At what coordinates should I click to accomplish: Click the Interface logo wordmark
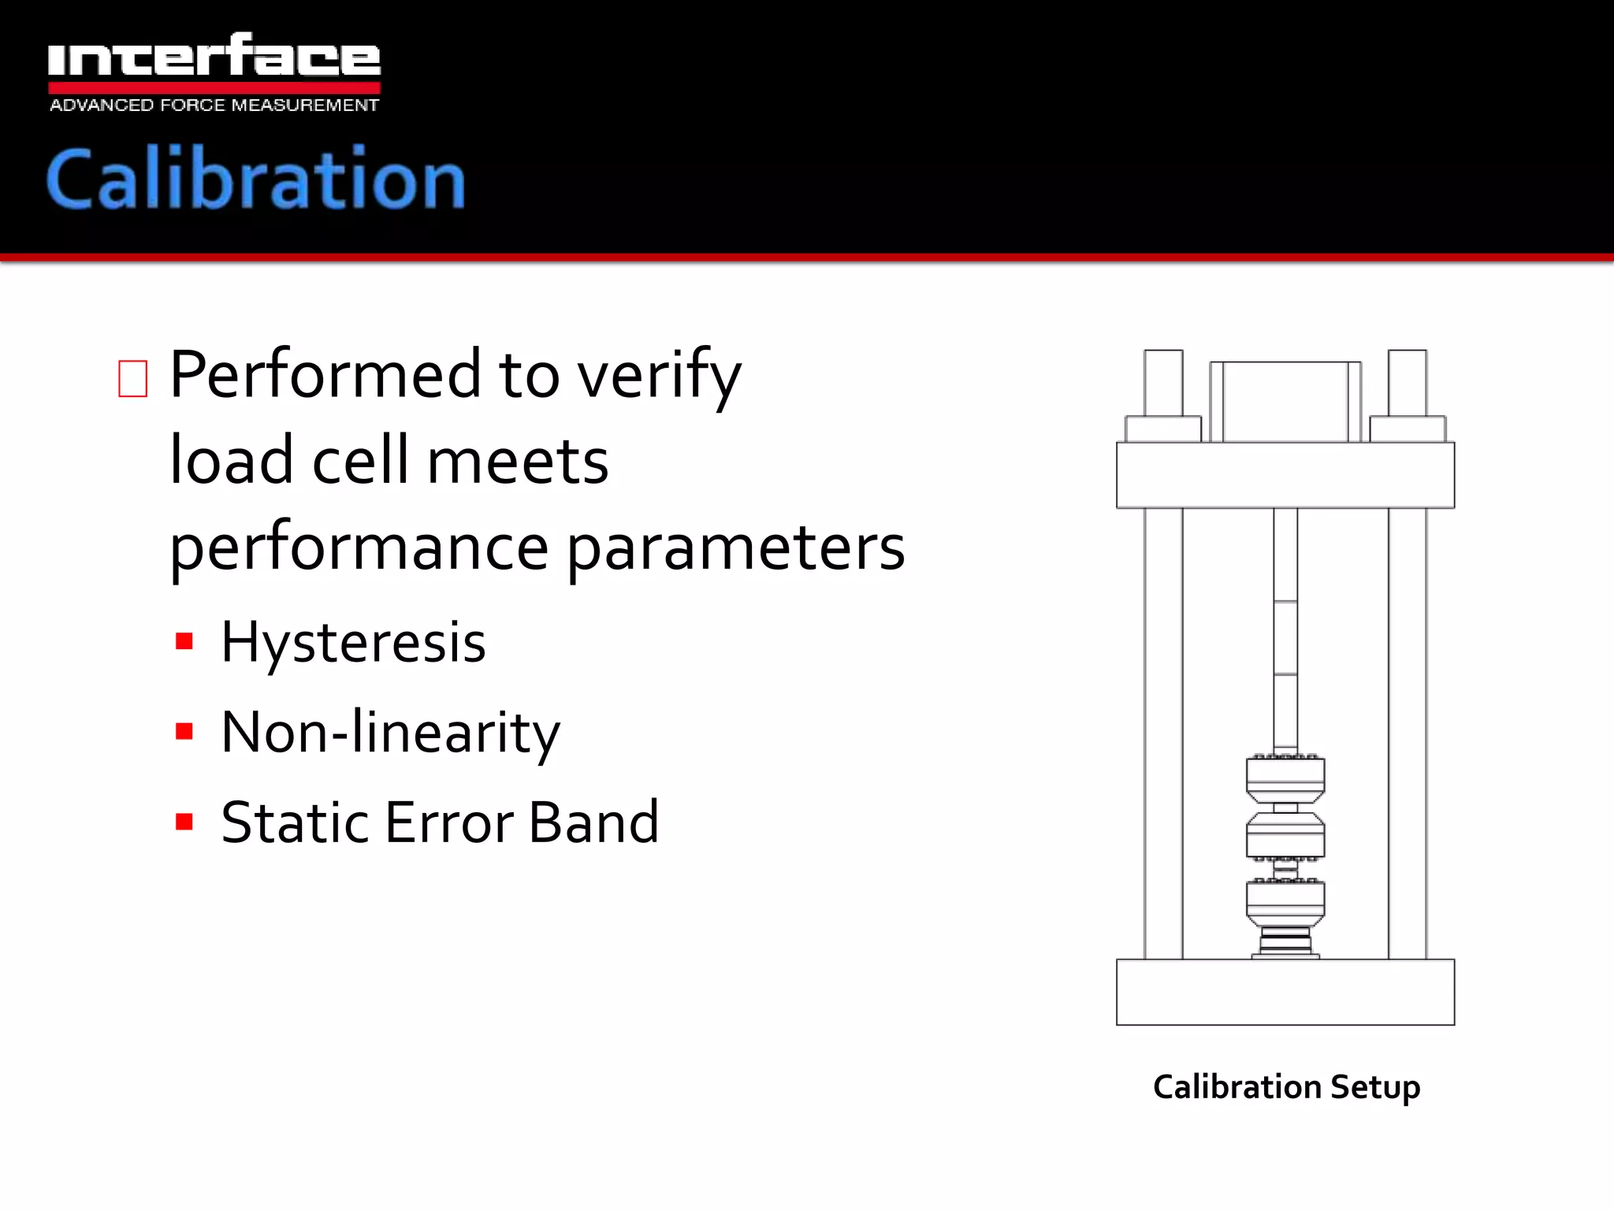click(214, 57)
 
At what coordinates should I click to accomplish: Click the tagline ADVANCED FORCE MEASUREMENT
click(214, 106)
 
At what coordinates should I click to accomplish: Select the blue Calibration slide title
click(256, 180)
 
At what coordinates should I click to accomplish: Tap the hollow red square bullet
click(132, 379)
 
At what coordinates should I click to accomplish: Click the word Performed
click(325, 375)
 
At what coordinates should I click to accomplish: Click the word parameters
click(736, 548)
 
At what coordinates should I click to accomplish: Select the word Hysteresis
click(353, 642)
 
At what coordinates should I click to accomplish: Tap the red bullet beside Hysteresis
click(184, 641)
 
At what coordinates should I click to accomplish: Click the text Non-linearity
click(390, 733)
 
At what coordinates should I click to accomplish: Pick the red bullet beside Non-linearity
click(184, 732)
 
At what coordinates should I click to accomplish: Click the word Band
click(593, 822)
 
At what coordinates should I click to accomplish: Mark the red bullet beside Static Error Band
click(184, 822)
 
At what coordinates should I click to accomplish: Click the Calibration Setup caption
click(1286, 1087)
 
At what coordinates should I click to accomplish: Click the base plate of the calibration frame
click(1285, 992)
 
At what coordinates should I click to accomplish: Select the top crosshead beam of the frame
click(1285, 475)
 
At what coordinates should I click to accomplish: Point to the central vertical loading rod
click(1285, 630)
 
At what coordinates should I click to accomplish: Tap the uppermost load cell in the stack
click(1285, 778)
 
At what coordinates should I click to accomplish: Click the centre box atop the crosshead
click(1285, 402)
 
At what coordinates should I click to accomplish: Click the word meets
click(518, 462)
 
